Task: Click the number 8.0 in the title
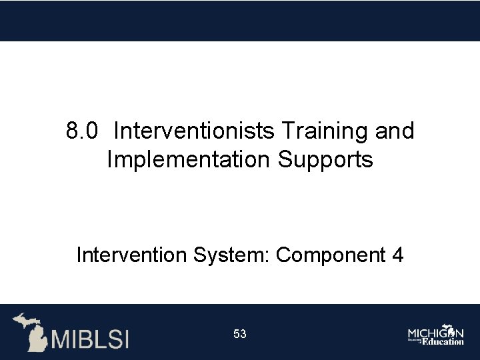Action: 83,131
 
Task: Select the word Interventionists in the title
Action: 193,131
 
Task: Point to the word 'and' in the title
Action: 395,131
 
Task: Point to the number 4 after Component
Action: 397,255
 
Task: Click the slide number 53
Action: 240,334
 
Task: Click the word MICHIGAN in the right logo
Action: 436,331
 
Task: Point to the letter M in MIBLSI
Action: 62,339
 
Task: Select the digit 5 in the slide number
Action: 237,334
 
